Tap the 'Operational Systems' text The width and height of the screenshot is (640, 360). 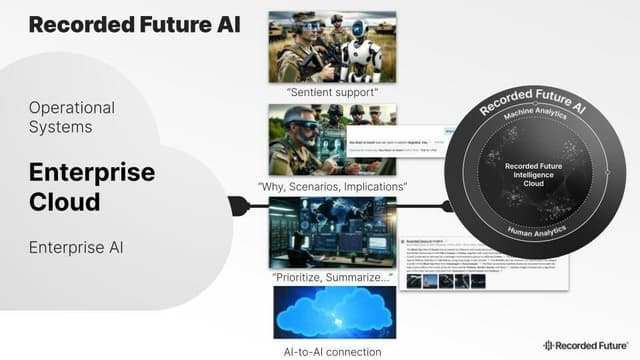(72, 117)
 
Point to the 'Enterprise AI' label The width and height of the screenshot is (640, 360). (77, 246)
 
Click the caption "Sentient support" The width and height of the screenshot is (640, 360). (334, 92)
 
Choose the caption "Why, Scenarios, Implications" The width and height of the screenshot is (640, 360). (333, 186)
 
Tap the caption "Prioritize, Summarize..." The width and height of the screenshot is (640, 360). (333, 278)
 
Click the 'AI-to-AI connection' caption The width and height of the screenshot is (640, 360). (332, 351)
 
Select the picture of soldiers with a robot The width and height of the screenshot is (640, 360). (334, 46)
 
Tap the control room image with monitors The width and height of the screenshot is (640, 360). (333, 233)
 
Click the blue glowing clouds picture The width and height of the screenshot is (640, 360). (333, 314)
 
